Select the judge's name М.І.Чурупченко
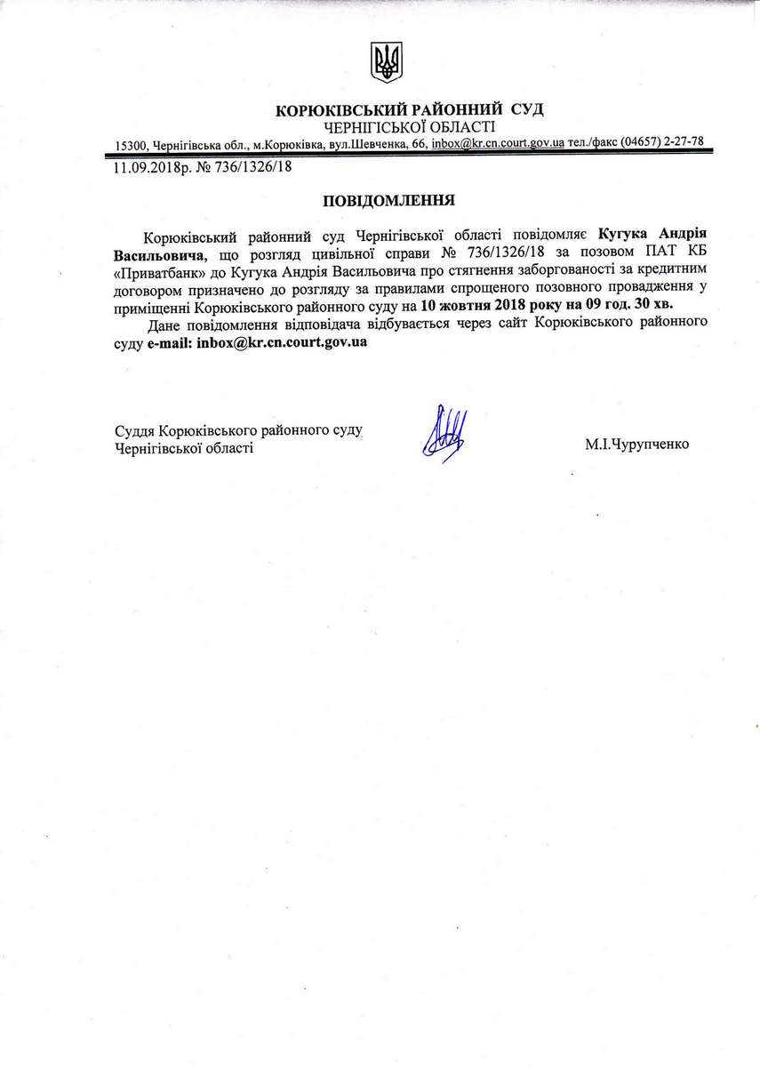click(x=636, y=442)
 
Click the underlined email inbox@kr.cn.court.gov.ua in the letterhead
click(x=498, y=143)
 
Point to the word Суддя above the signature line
click(x=134, y=432)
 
